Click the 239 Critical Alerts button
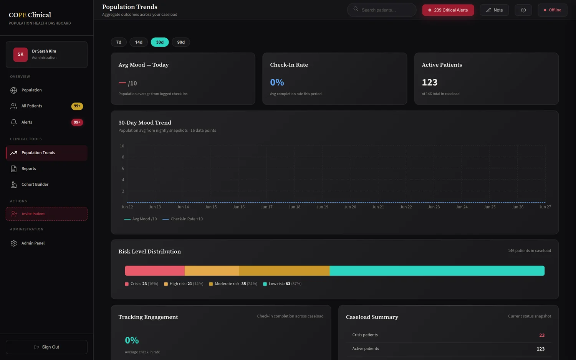pyautogui.click(x=448, y=10)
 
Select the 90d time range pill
pyautogui.click(x=181, y=42)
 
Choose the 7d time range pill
pyautogui.click(x=119, y=42)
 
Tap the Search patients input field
pyautogui.click(x=382, y=10)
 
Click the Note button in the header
pyautogui.click(x=494, y=10)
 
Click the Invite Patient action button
pyautogui.click(x=46, y=214)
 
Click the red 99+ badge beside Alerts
pyautogui.click(x=77, y=122)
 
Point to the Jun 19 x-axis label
pyautogui.click(x=322, y=207)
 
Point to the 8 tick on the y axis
pyautogui.click(x=123, y=157)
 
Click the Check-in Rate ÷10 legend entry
pyautogui.click(x=182, y=219)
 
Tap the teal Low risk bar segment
pyautogui.click(x=437, y=271)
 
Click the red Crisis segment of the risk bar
pyautogui.click(x=155, y=271)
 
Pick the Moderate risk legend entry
pyautogui.click(x=233, y=284)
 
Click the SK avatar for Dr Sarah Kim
pyautogui.click(x=21, y=54)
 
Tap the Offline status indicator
pyautogui.click(x=552, y=10)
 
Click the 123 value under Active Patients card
pyautogui.click(x=429, y=82)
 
